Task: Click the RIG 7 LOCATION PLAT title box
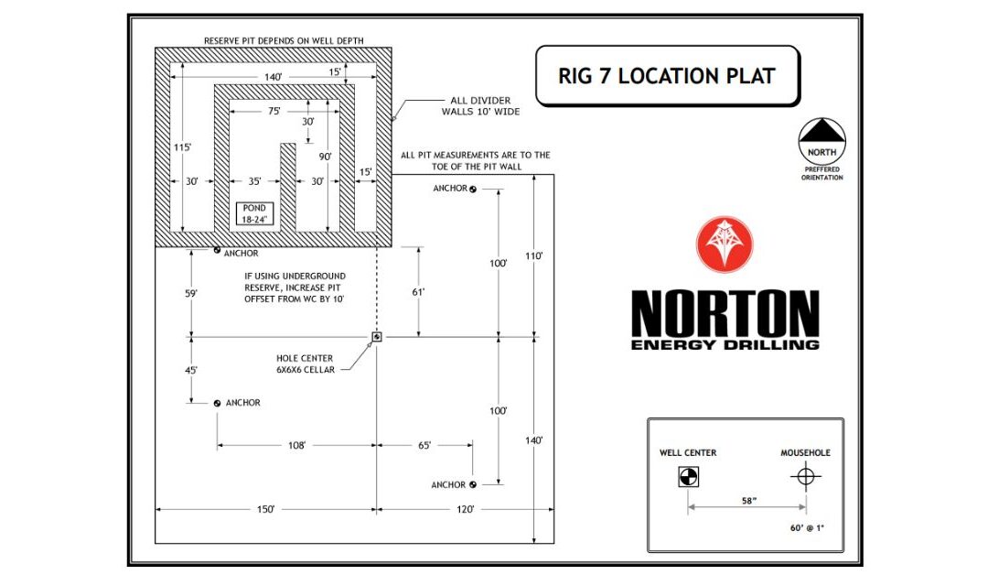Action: (667, 75)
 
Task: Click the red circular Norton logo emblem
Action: (724, 245)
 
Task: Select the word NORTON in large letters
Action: (725, 313)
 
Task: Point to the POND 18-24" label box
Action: (254, 214)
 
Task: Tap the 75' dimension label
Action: (274, 110)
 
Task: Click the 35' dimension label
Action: (254, 182)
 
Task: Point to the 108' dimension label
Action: (295, 446)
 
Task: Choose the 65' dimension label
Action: (424, 446)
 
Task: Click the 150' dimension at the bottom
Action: (266, 509)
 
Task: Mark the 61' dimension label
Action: (419, 293)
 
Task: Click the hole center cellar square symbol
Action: (376, 337)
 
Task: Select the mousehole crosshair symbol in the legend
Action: (805, 476)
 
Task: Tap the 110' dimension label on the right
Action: (534, 256)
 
